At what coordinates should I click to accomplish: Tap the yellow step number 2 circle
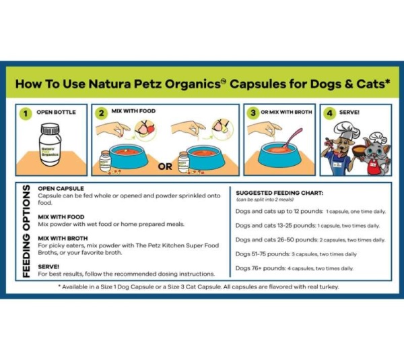tap(102, 113)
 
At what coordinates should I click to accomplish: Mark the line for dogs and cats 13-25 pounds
tap(307, 226)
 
